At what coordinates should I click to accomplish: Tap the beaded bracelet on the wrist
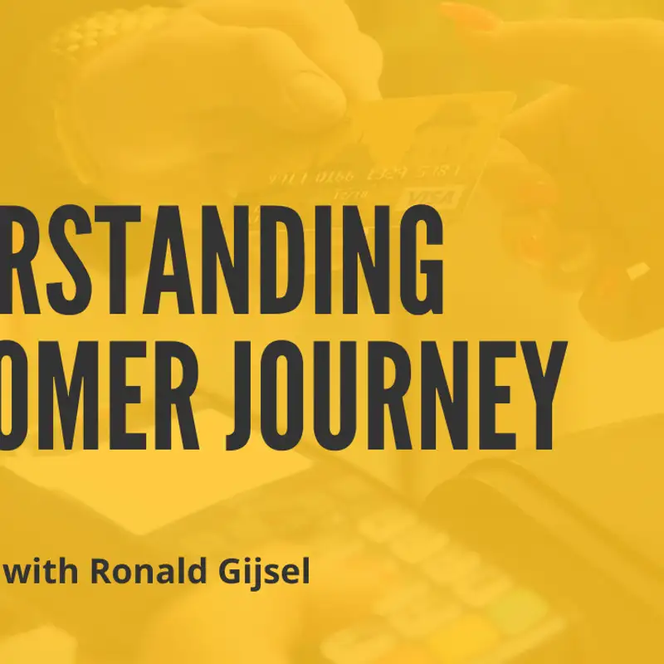click(x=108, y=33)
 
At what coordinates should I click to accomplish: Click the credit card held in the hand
click(x=398, y=158)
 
